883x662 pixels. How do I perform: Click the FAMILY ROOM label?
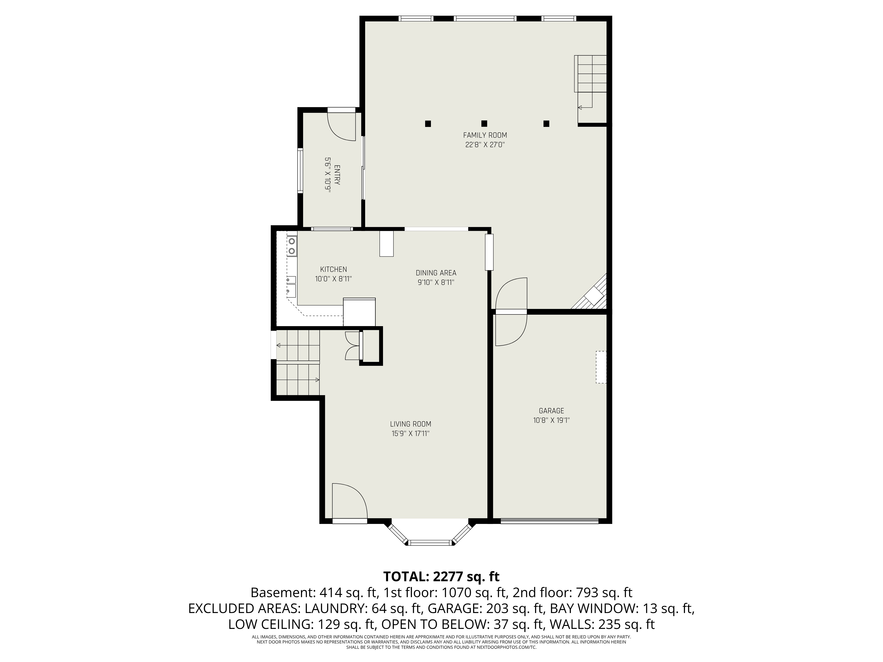pos(485,135)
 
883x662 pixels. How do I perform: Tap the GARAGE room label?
pos(551,411)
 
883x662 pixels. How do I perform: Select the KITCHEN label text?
pos(333,269)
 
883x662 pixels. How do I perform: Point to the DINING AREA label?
pos(436,273)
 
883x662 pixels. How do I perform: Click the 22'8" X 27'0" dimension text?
pos(485,145)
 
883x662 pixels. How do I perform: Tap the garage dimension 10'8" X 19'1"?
pos(551,420)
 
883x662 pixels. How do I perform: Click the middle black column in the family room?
pos(484,123)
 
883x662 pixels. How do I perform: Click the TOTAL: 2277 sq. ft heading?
pos(441,577)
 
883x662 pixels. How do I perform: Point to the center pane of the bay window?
pos(430,542)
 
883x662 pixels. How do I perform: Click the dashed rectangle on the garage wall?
pos(601,367)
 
